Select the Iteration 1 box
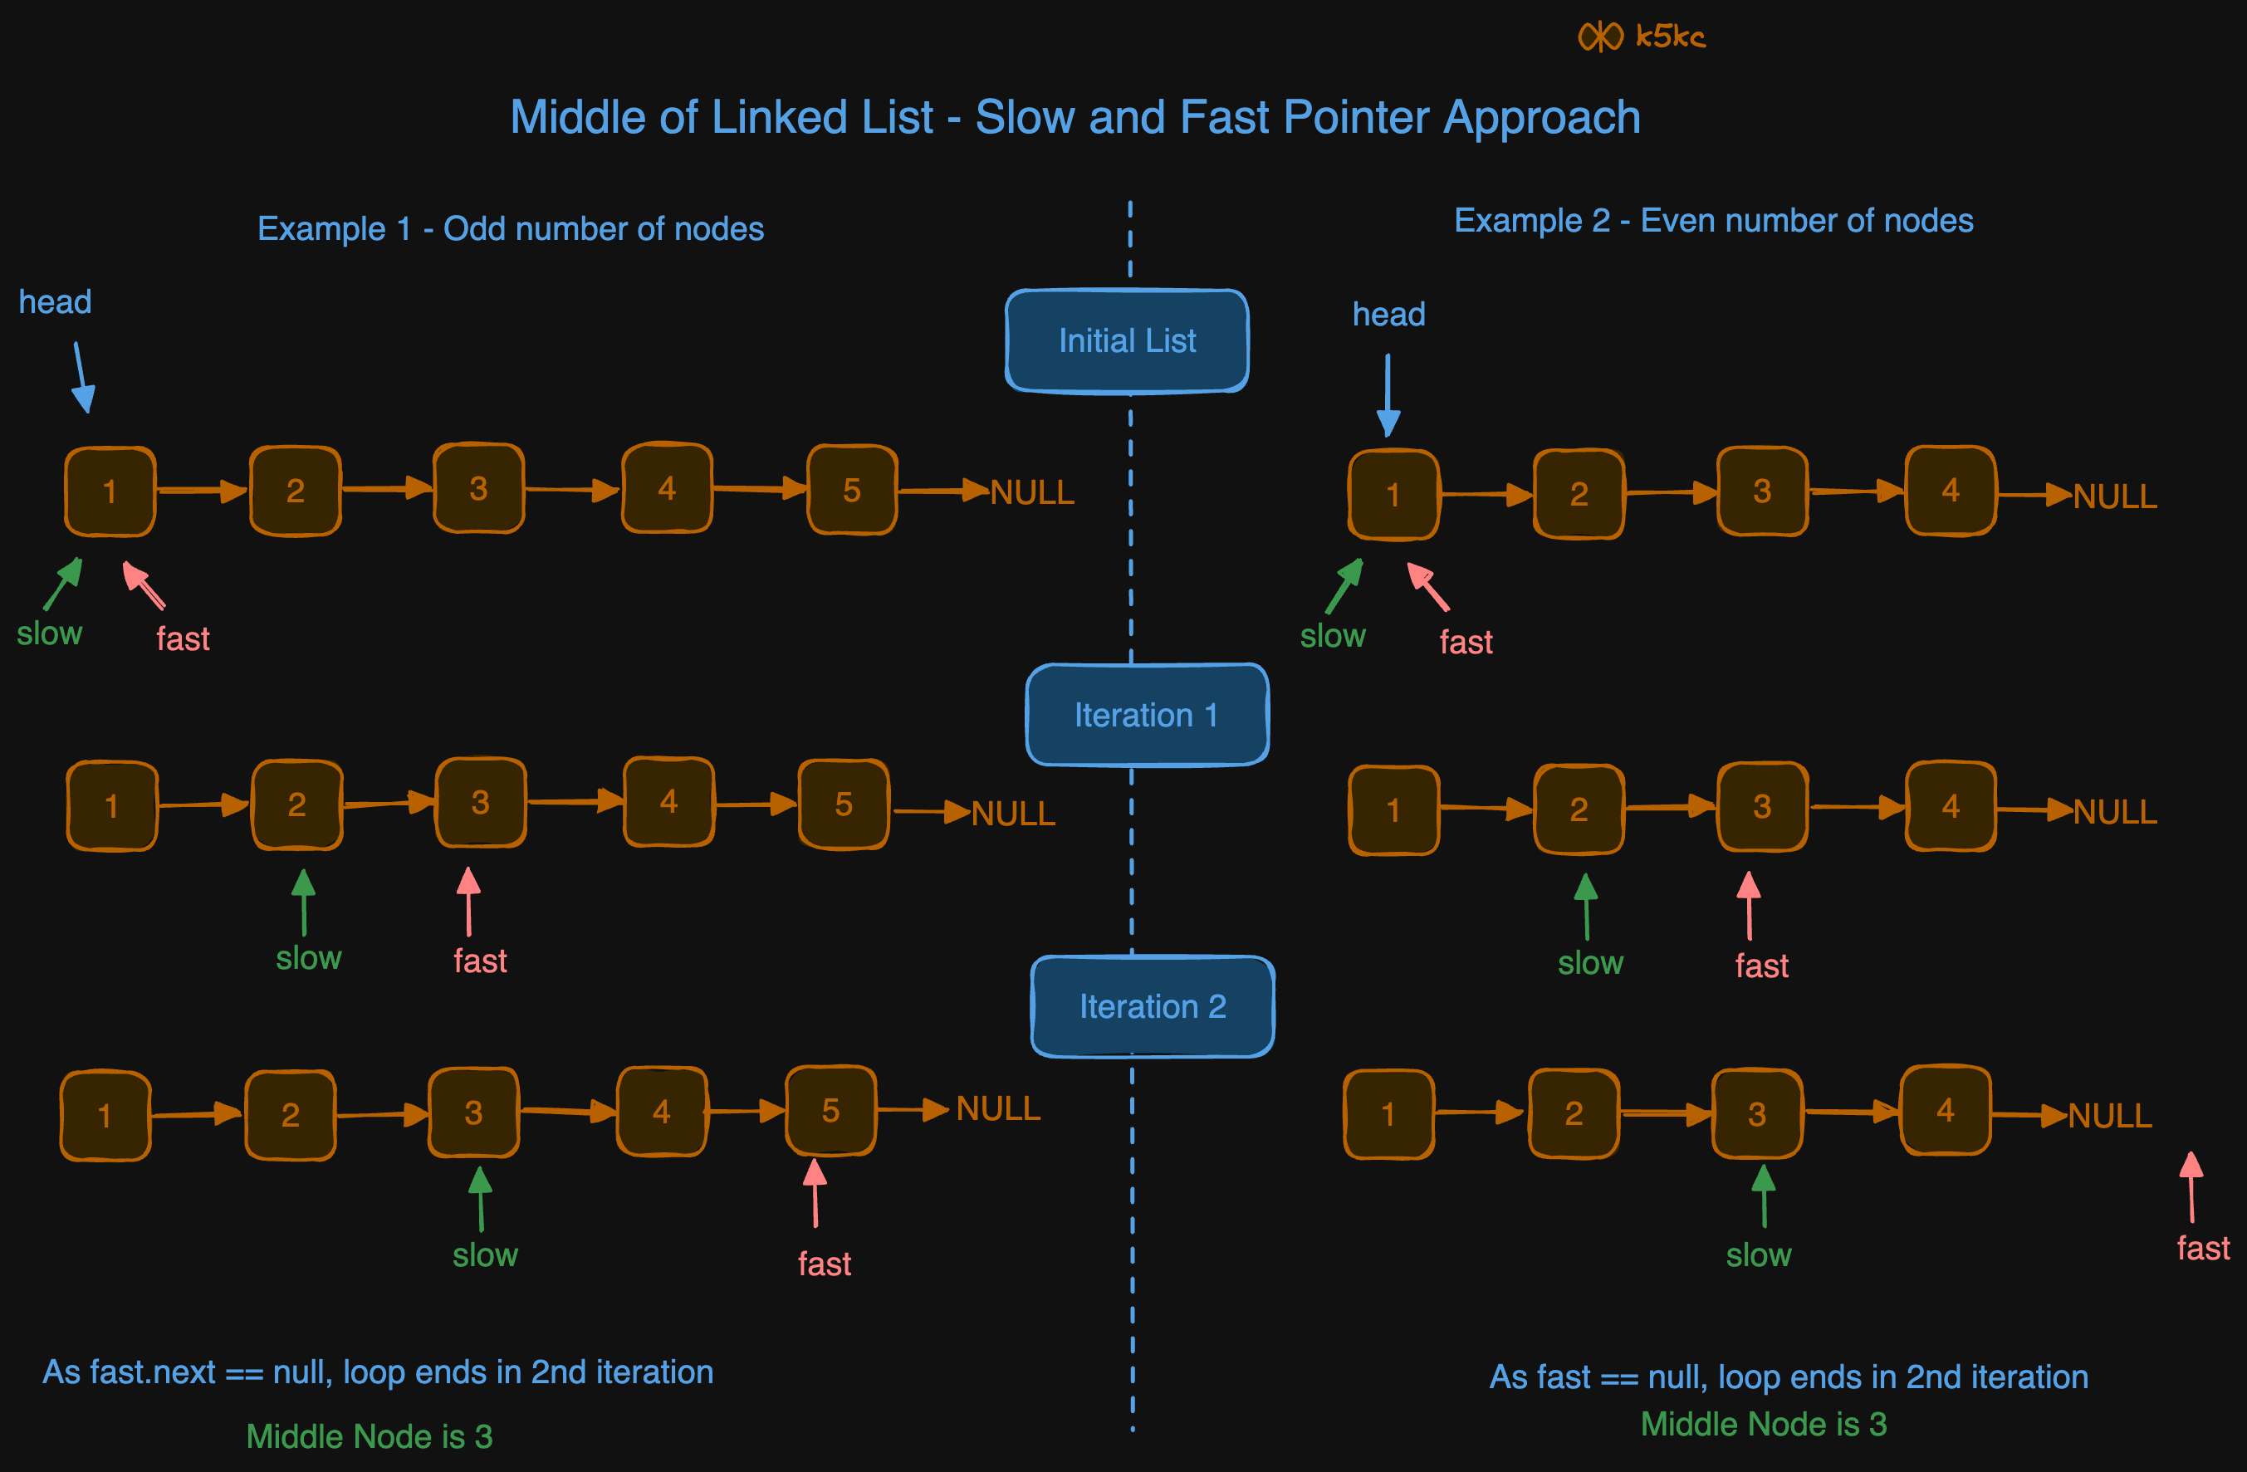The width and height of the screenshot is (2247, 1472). [x=1146, y=716]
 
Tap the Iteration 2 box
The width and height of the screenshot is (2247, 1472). [x=1152, y=1006]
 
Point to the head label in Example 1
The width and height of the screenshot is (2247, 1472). [x=55, y=302]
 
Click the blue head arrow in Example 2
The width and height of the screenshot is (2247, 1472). [x=1387, y=394]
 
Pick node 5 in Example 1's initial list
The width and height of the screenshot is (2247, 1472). [x=852, y=490]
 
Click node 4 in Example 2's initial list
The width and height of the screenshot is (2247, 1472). [x=1950, y=491]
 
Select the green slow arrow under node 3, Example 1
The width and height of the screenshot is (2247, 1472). [x=481, y=1197]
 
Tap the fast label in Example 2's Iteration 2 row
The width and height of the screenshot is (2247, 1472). [x=2203, y=1248]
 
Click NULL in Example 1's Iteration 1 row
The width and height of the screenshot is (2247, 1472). [x=1013, y=814]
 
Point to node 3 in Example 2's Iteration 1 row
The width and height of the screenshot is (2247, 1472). [x=1762, y=807]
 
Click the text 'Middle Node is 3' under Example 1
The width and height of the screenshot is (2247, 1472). [x=370, y=1436]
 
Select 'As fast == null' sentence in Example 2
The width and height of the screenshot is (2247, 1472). [x=1788, y=1377]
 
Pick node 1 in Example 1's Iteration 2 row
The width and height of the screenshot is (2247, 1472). [x=105, y=1115]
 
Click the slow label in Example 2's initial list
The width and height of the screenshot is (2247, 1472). [x=1332, y=637]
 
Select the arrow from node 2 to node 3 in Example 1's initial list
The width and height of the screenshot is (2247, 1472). [x=386, y=488]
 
